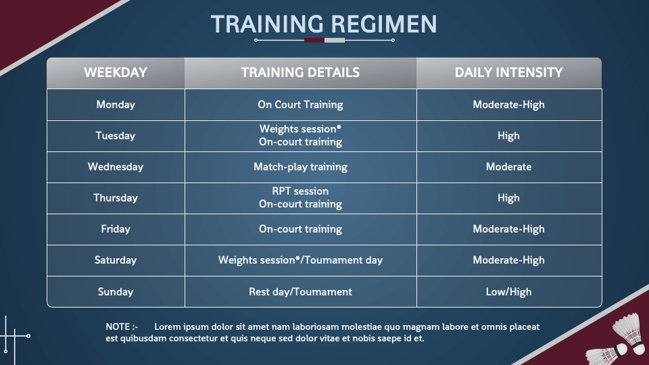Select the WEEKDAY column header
point(116,72)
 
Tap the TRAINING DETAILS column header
point(300,72)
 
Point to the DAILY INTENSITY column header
point(508,72)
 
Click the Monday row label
point(116,105)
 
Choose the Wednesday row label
point(116,167)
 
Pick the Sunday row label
point(116,292)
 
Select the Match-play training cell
point(300,167)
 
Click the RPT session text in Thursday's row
point(300,191)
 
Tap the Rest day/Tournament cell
point(300,292)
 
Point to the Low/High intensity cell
point(508,292)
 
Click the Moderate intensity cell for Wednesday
point(508,167)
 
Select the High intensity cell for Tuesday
point(508,136)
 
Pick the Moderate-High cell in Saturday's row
point(508,260)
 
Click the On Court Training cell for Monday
point(300,105)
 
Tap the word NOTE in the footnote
point(118,326)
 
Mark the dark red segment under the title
point(314,40)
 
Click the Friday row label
point(116,229)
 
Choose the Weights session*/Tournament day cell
point(300,260)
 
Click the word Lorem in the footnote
point(167,326)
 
